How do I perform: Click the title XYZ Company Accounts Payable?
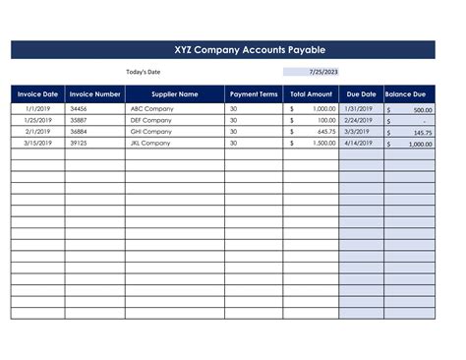click(x=235, y=49)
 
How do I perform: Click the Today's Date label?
click(x=143, y=72)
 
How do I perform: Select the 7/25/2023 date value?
click(x=322, y=72)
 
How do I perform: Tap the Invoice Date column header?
click(x=37, y=94)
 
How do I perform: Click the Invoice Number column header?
click(x=94, y=94)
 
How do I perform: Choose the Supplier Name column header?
click(x=174, y=94)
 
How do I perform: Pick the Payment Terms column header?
click(x=254, y=94)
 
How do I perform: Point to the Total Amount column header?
click(x=312, y=94)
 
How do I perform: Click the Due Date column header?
click(x=361, y=94)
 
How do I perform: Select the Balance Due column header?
click(x=412, y=94)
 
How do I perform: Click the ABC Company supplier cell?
click(x=151, y=108)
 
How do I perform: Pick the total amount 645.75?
click(x=326, y=131)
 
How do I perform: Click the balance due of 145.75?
click(x=423, y=132)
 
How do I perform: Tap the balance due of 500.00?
click(x=423, y=110)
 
